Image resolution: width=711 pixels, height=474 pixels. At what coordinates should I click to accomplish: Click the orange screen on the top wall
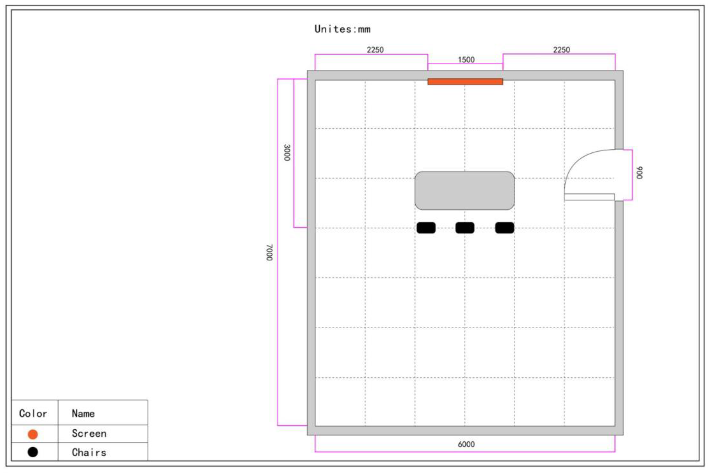tap(465, 82)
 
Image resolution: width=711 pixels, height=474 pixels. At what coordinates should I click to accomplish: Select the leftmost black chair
tap(426, 228)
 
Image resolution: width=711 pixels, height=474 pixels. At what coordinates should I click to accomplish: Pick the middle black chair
tap(465, 228)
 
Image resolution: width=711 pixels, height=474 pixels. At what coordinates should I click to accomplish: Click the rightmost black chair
tap(505, 228)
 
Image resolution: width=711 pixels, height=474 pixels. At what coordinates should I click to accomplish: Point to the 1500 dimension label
tap(466, 60)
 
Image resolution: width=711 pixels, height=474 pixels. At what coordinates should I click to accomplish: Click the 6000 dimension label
tap(466, 444)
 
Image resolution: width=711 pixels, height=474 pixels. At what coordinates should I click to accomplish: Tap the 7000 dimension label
tap(269, 252)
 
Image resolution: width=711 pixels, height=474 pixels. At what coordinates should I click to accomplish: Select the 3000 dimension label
tap(287, 153)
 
